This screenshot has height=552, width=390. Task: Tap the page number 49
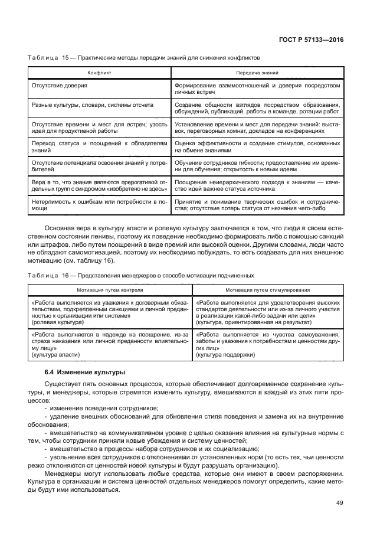(x=339, y=502)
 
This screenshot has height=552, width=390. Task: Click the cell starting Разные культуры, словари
(x=92, y=104)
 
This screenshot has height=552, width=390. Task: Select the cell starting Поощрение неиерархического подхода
(x=257, y=186)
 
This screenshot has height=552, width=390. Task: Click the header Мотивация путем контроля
(x=109, y=290)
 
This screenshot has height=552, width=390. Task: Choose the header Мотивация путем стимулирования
(x=267, y=290)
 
